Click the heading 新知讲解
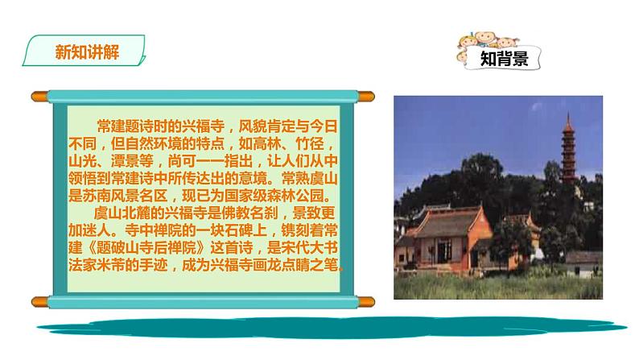click(87, 52)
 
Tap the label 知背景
click(504, 58)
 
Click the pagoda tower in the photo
click(568, 150)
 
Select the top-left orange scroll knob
click(39, 97)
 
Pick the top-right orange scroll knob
click(366, 97)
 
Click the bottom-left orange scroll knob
click(39, 302)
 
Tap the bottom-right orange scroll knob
click(366, 302)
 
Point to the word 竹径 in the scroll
click(309, 143)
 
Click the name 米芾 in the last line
click(110, 265)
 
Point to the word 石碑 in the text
click(238, 230)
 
